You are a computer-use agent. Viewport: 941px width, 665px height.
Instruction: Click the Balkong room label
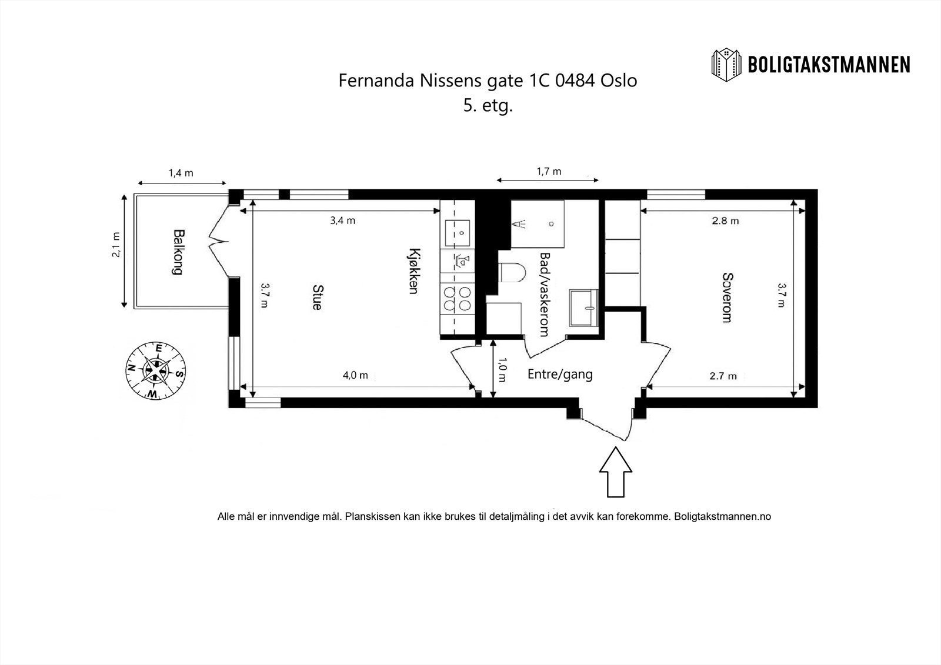click(178, 252)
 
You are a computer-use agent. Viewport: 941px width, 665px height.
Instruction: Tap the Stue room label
click(318, 298)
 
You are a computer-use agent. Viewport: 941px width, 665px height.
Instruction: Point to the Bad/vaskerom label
click(545, 295)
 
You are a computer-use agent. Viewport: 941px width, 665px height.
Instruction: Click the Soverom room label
click(727, 298)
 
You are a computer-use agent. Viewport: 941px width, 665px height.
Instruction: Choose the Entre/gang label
click(560, 374)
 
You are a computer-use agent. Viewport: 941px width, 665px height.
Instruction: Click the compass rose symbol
click(156, 370)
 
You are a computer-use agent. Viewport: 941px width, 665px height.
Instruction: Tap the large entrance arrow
click(615, 472)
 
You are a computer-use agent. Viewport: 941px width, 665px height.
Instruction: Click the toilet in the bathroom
click(512, 273)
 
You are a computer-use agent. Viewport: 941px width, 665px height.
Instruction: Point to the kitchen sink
click(458, 233)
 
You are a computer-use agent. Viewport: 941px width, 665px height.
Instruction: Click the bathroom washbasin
click(583, 308)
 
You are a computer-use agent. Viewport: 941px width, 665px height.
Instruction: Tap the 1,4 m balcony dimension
click(181, 173)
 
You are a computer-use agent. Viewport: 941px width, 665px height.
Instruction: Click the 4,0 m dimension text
click(355, 375)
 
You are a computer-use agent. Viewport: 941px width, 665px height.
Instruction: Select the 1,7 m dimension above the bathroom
click(549, 172)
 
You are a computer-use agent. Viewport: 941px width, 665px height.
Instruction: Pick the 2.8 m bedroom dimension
click(726, 220)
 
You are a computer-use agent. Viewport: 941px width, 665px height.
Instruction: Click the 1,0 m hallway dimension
click(502, 370)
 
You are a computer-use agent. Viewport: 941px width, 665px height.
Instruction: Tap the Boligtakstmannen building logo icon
click(726, 65)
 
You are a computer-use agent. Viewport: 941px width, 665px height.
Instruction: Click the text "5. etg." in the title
click(488, 105)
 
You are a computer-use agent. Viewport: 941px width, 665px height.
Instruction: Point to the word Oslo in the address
click(619, 80)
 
